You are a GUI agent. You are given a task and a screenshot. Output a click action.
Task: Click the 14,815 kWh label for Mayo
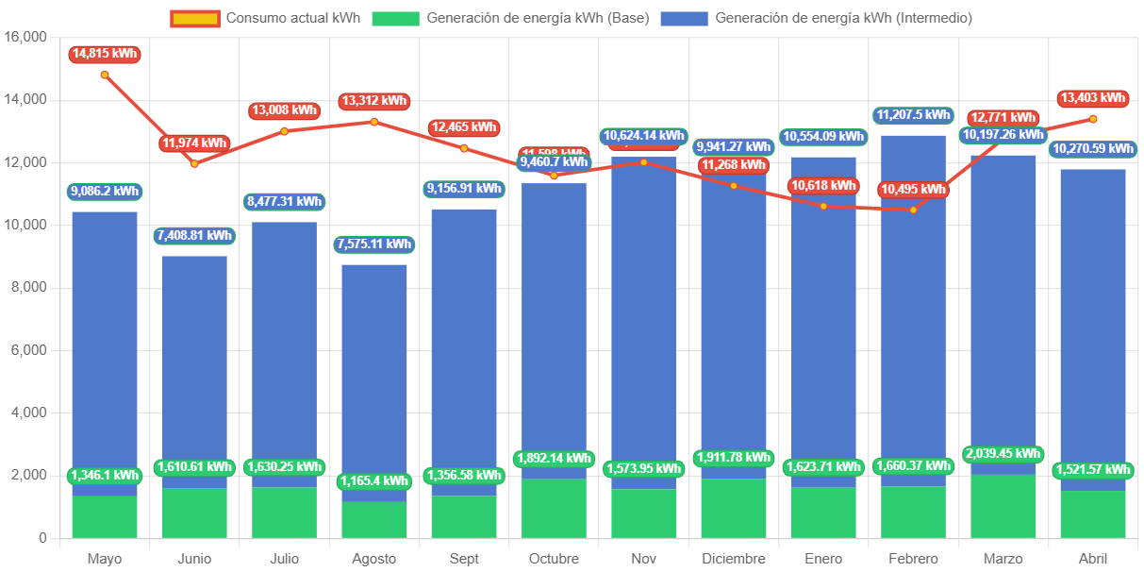pyautogui.click(x=104, y=55)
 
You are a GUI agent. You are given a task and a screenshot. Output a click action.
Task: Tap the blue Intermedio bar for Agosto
pyautogui.click(x=374, y=378)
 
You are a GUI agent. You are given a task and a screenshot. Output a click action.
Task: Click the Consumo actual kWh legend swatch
pyautogui.click(x=195, y=18)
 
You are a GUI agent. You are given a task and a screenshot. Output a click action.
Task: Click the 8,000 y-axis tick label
pyautogui.click(x=29, y=287)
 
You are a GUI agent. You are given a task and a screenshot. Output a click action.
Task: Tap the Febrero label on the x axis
pyautogui.click(x=913, y=559)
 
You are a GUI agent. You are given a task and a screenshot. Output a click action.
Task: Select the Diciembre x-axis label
pyautogui.click(x=734, y=559)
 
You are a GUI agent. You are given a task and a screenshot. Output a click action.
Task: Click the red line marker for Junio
pyautogui.click(x=194, y=163)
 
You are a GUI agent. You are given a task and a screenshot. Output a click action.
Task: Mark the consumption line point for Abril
pyautogui.click(x=1093, y=119)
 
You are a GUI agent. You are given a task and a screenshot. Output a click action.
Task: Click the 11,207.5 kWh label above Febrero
pyautogui.click(x=913, y=115)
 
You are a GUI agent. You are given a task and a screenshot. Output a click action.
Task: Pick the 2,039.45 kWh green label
pyautogui.click(x=1003, y=454)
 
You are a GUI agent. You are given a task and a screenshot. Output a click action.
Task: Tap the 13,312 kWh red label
pyautogui.click(x=374, y=101)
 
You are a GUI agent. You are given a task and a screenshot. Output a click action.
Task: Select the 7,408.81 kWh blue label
pyautogui.click(x=193, y=236)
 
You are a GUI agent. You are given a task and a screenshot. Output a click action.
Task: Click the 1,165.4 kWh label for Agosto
pyautogui.click(x=374, y=481)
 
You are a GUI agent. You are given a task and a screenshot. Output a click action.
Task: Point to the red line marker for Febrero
pyautogui.click(x=913, y=210)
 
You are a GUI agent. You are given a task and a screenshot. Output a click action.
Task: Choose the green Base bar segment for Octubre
pyautogui.click(x=554, y=508)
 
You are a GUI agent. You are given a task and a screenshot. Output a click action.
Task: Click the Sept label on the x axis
pyautogui.click(x=464, y=559)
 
